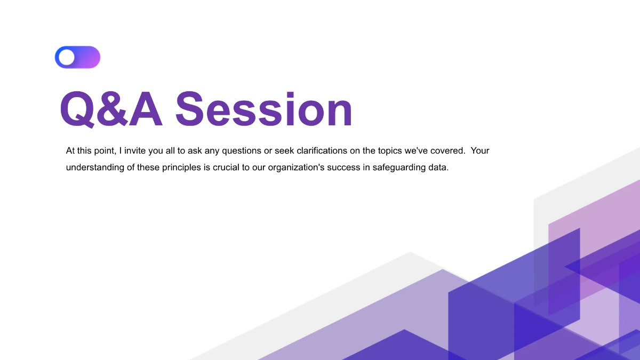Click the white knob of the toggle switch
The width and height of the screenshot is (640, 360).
[x=67, y=57]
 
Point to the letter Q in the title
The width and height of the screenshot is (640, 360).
[x=77, y=110]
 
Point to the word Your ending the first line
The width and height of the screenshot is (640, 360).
[x=480, y=151]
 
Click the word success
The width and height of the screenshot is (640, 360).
[x=354, y=167]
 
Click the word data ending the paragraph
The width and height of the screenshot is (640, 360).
[x=441, y=167]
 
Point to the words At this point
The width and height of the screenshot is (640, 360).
[x=89, y=151]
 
